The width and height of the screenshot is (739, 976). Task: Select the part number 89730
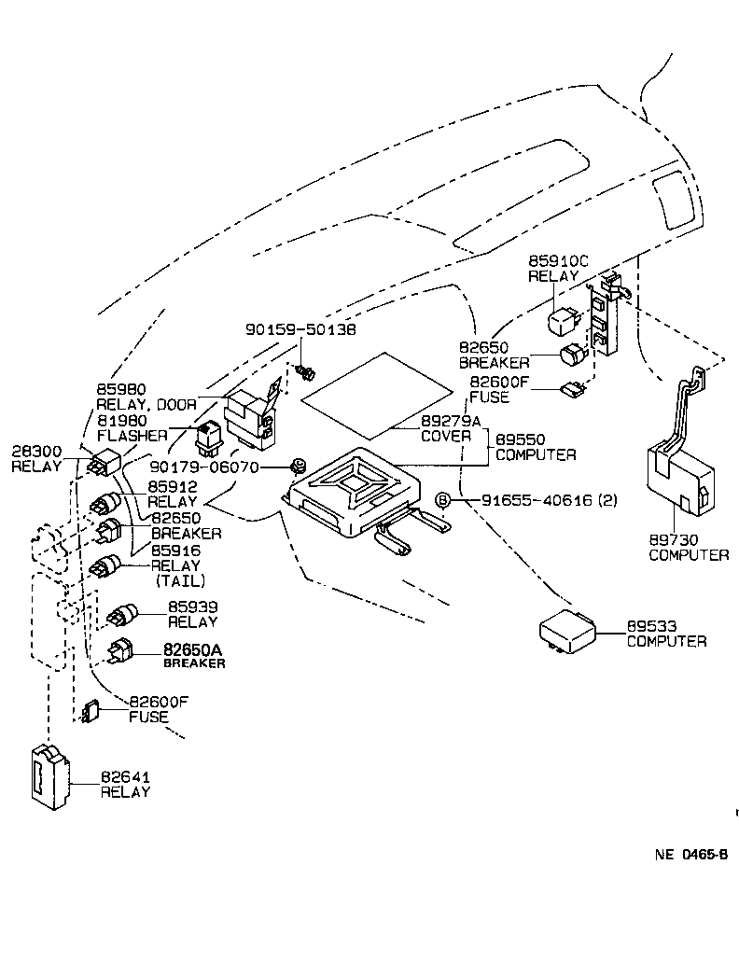pos(674,540)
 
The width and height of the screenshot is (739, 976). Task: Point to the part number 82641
pos(126,776)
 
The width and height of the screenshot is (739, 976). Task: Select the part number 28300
pos(36,452)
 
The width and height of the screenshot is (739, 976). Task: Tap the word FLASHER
pos(132,435)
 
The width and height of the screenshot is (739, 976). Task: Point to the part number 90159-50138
pos(300,330)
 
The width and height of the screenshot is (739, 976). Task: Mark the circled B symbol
pos(444,501)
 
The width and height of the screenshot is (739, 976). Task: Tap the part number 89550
pos(521,439)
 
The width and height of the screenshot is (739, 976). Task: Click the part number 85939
pos(192,607)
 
